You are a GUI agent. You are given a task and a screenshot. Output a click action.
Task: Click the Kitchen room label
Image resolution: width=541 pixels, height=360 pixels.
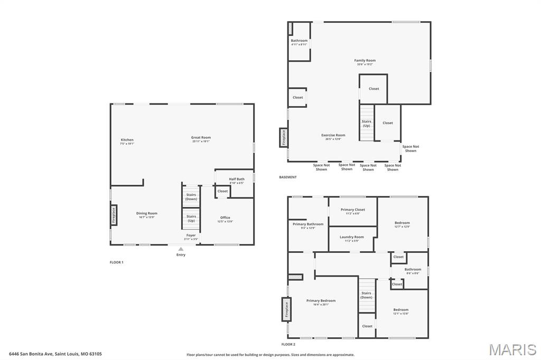tap(127, 140)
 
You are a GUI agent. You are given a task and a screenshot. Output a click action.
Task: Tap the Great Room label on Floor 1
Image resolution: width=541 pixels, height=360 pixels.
tap(201, 138)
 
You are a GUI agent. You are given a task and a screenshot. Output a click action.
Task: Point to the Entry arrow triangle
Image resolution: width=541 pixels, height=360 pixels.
tap(181, 249)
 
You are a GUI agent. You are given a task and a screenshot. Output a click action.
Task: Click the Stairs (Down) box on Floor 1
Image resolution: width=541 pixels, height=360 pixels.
tap(191, 196)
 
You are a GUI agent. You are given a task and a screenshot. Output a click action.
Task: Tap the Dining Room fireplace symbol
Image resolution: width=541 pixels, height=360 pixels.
tap(113, 215)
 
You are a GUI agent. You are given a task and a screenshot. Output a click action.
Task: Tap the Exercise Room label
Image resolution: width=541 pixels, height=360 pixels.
tap(333, 136)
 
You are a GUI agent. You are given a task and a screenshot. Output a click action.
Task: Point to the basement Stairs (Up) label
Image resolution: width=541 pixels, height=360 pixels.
tap(366, 123)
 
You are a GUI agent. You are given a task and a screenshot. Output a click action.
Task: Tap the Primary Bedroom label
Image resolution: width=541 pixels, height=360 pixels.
tap(321, 301)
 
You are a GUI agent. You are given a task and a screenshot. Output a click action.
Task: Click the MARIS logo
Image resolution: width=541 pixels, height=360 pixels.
tap(512, 349)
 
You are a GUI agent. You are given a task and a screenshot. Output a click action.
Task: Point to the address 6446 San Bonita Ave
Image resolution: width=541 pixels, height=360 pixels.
tap(55, 354)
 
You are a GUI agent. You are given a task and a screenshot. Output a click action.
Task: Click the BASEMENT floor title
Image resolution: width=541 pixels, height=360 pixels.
tap(288, 177)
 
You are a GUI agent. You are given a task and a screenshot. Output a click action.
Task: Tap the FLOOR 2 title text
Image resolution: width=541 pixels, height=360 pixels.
tap(288, 344)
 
